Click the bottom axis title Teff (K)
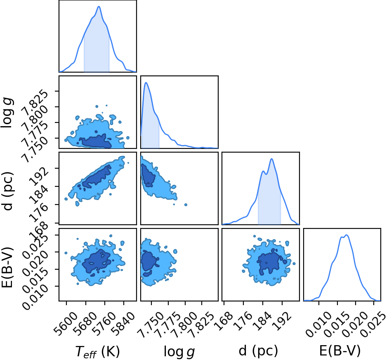click(x=97, y=352)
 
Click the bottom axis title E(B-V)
click(x=339, y=351)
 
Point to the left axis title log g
click(x=7, y=113)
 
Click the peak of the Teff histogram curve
click(x=99, y=7)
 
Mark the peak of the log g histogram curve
click(x=146, y=82)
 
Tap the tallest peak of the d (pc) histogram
click(x=272, y=159)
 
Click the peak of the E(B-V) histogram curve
click(x=347, y=235)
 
